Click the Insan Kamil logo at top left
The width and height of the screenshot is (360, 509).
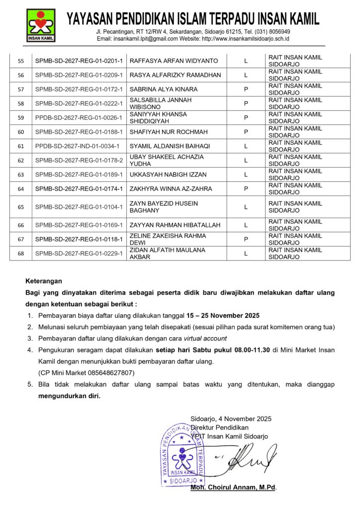pos(41,25)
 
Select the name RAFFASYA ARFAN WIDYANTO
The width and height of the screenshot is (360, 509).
pos(174,61)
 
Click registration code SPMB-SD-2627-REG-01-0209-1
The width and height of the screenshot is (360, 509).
pos(79,75)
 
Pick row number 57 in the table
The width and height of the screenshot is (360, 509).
pos(21,89)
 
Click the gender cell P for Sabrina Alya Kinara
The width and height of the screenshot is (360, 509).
pos(246,89)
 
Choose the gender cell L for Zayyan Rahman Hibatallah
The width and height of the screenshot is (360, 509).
pos(246,225)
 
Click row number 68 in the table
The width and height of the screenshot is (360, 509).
pos(21,254)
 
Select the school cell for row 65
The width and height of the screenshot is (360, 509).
pos(295,207)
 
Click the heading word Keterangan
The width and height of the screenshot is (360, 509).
pos(44,281)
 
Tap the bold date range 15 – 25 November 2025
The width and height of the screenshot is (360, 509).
pos(223,316)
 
